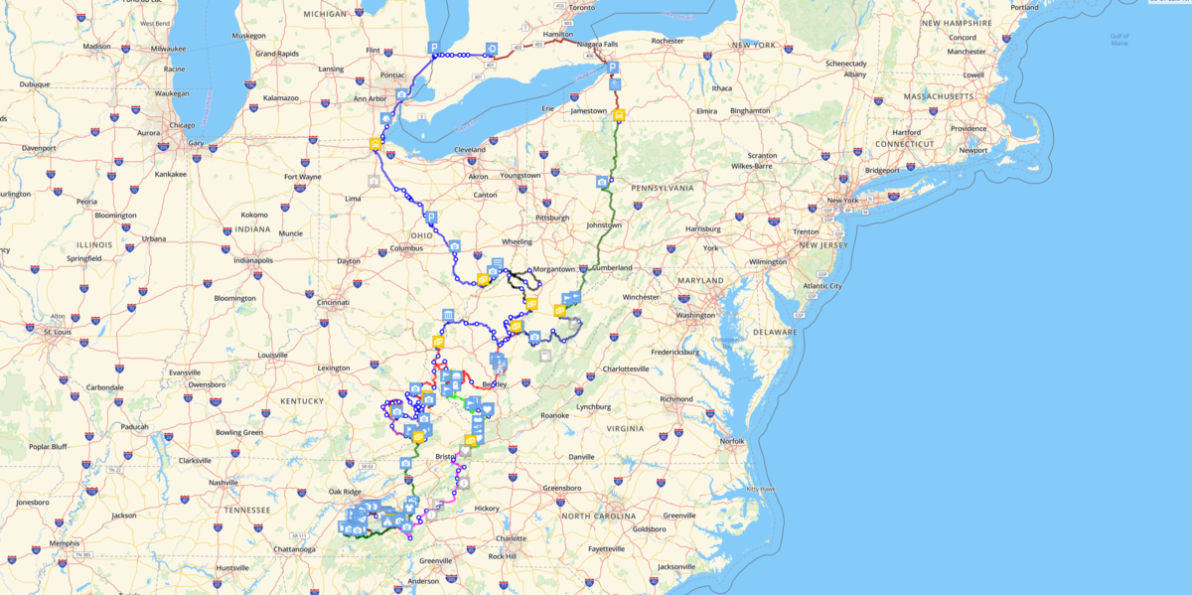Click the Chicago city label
(182, 125)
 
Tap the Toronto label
(581, 8)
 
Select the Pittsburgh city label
(551, 217)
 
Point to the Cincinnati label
(334, 302)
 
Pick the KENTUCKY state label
(302, 401)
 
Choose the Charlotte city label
(509, 538)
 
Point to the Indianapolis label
(245, 260)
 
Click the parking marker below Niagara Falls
(612, 68)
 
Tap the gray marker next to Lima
(372, 182)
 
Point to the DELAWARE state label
(776, 332)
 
